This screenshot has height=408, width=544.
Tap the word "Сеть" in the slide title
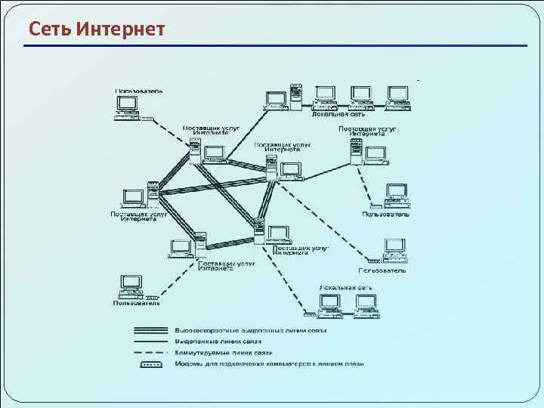50,29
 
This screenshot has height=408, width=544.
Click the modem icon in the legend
150,363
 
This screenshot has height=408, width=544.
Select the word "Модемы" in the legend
188,363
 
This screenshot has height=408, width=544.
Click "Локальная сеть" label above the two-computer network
344,289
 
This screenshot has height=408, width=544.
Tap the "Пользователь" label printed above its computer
139,91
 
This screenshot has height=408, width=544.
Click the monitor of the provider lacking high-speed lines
375,153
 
